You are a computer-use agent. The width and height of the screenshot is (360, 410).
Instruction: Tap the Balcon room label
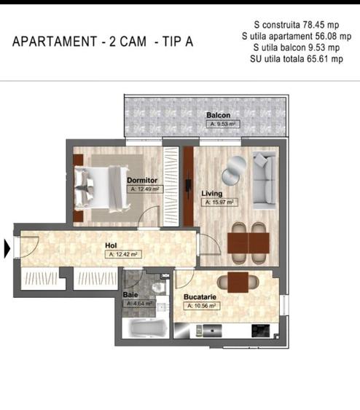tap(218, 116)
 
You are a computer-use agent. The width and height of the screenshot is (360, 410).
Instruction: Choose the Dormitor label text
tap(142, 179)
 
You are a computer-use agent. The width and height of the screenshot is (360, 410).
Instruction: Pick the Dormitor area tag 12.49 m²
tap(145, 189)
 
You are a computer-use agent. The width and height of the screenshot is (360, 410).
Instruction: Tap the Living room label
tap(212, 194)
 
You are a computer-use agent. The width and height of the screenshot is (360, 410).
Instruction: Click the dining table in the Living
tap(248, 242)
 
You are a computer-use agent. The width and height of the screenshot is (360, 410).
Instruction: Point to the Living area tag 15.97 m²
tap(218, 203)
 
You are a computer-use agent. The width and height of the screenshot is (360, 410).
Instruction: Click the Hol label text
tap(111, 246)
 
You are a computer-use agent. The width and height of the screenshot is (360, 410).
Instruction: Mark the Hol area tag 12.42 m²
tap(122, 255)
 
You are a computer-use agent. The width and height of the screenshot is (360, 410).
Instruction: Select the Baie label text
tap(131, 295)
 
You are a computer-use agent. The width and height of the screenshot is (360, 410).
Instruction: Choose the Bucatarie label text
tap(203, 298)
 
